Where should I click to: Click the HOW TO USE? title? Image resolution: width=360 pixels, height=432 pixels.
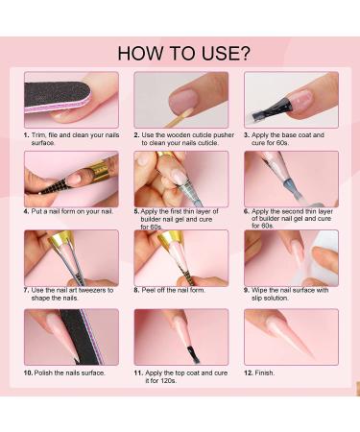pos(183,54)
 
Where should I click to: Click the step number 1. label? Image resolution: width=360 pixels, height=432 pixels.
pos(27,135)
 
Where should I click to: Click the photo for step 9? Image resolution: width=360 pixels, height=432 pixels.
pos(291,258)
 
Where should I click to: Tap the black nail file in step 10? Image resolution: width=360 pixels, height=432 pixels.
pos(81,337)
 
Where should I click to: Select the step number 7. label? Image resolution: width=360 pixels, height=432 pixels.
pos(27,290)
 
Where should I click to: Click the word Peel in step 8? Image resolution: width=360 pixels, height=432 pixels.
pos(148,290)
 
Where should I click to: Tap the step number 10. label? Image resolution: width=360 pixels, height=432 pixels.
pos(28,372)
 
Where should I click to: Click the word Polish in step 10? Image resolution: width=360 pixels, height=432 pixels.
pos(43,372)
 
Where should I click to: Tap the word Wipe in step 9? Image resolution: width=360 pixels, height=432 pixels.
pos(258,290)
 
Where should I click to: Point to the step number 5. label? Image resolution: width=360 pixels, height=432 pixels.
pos(136,211)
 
